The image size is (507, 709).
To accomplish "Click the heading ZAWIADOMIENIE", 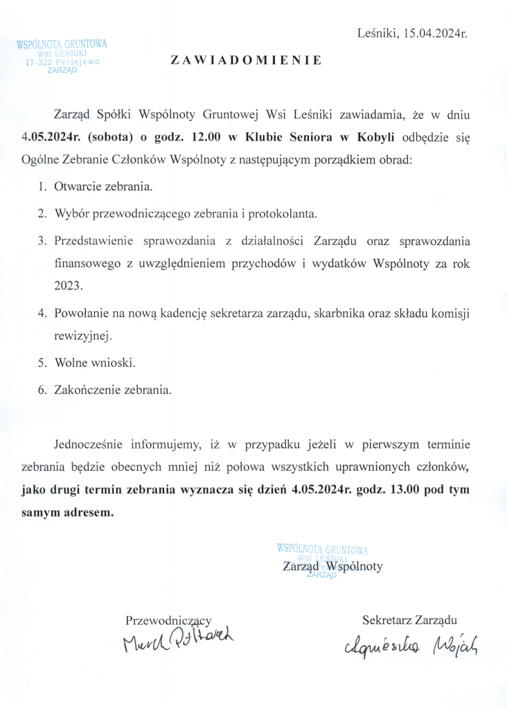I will [246, 60].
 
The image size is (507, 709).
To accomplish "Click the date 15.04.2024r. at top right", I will [431, 33].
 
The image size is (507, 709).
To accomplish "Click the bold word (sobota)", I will [105, 136].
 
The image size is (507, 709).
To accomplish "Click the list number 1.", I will [42, 187].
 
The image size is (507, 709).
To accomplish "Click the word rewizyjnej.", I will [82, 336].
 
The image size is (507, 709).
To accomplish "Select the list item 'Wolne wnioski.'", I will [95, 363].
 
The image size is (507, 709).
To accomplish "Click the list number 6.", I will [42, 390].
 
